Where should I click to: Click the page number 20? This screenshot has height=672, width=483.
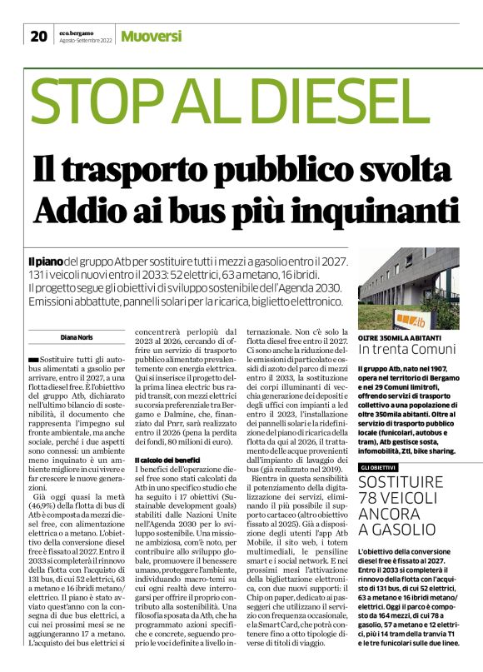click(x=38, y=36)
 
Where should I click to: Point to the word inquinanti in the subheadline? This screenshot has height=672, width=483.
click(x=385, y=207)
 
